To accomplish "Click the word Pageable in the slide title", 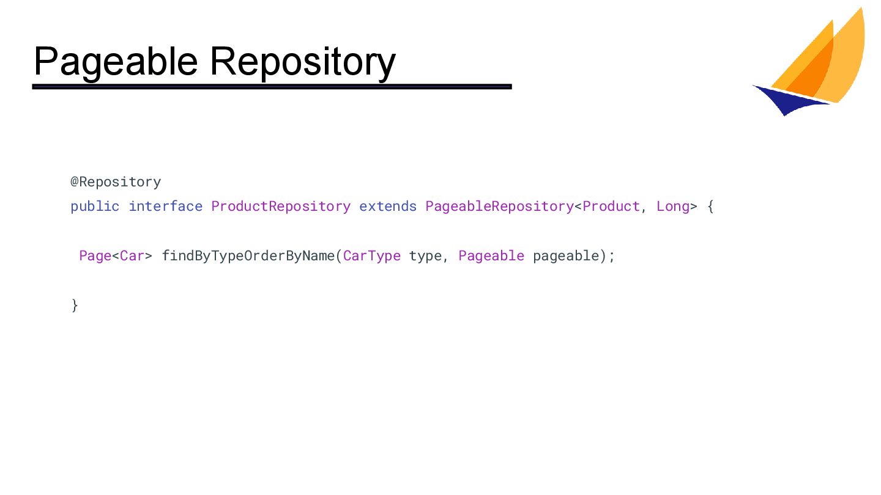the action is pyautogui.click(x=116, y=61).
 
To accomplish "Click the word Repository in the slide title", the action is pyautogui.click(x=302, y=61).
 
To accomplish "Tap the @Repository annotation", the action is pyautogui.click(x=116, y=182).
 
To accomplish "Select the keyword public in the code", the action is pyautogui.click(x=95, y=206).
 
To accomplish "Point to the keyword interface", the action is pyautogui.click(x=165, y=206).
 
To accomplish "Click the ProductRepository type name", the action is pyautogui.click(x=281, y=206).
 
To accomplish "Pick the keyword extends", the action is pyautogui.click(x=388, y=206).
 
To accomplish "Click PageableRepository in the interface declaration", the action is pyautogui.click(x=499, y=206).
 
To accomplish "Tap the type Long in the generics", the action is pyautogui.click(x=673, y=206).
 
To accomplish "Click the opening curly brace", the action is pyautogui.click(x=710, y=207).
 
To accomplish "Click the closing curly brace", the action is pyautogui.click(x=75, y=304).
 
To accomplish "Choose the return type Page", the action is pyautogui.click(x=95, y=255).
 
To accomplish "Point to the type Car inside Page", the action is pyautogui.click(x=132, y=255).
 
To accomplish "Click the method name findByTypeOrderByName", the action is pyautogui.click(x=248, y=255).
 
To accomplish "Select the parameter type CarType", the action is pyautogui.click(x=372, y=255).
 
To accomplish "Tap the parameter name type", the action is pyautogui.click(x=425, y=256).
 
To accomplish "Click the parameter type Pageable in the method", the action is pyautogui.click(x=491, y=255).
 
